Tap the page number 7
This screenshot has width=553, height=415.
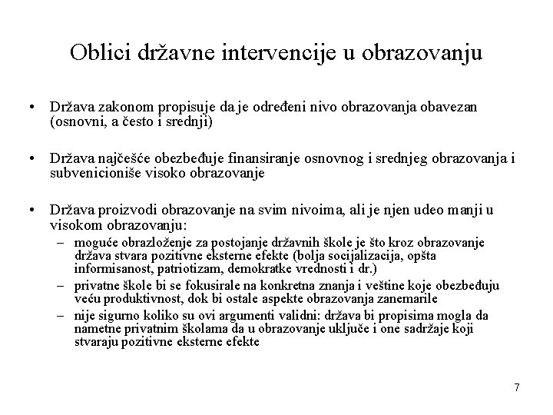[x=517, y=388]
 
